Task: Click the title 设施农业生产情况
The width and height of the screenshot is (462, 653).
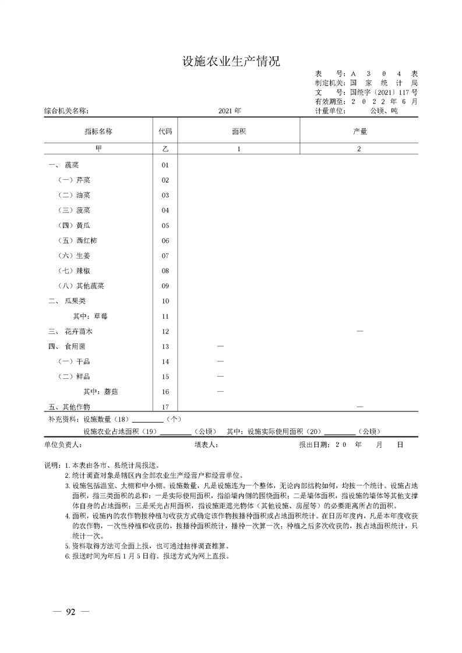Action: coord(231,62)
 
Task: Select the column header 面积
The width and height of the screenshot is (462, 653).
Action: coord(238,132)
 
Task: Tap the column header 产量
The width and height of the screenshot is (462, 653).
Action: coord(359,132)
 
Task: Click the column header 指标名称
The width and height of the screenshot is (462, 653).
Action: coord(98,132)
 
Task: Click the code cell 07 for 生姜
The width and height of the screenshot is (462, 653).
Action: coord(165,256)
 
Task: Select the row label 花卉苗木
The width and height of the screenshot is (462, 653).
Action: coord(79,332)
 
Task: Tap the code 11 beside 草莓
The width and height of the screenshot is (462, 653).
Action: coord(165,317)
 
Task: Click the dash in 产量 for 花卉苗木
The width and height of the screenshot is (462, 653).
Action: coord(359,331)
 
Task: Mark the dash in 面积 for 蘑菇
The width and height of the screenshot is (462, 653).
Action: coord(220,392)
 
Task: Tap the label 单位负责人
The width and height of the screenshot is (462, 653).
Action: coord(64,444)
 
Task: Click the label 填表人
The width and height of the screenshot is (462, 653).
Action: coord(206,444)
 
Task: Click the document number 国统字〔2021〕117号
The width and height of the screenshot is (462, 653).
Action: coord(383,92)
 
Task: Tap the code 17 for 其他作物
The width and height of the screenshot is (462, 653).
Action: coord(165,407)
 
